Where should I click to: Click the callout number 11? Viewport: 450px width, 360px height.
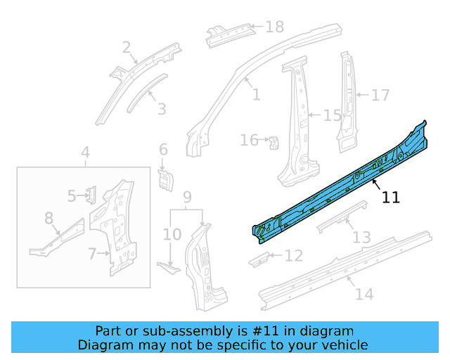pos(390,198)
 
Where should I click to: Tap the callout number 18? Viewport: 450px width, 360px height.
pos(274,27)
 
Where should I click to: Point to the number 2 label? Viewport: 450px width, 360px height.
pos(127,48)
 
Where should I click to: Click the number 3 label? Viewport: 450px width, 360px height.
pos(162,109)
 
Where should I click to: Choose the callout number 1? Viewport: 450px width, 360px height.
pos(256,94)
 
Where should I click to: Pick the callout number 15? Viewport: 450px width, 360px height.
pos(332,115)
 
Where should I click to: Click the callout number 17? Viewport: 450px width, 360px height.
pos(380,95)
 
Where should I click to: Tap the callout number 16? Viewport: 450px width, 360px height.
pos(249,141)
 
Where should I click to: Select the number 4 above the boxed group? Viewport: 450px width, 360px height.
pos(85,153)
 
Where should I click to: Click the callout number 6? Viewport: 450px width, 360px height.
pos(163,149)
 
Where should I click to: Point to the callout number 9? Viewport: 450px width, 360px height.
pos(187,196)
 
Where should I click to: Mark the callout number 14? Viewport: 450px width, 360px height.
pos(364,294)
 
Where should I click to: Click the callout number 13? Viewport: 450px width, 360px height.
pos(361,238)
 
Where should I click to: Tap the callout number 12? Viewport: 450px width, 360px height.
pos(293,255)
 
